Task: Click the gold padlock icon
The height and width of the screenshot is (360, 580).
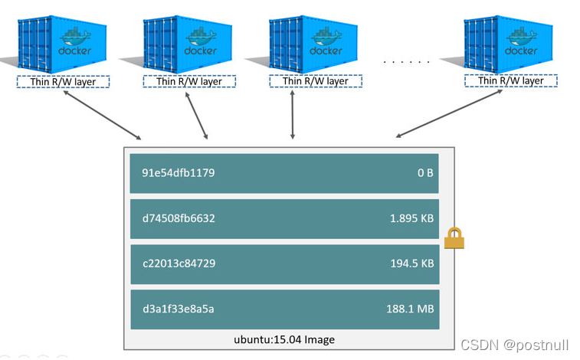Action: click(454, 238)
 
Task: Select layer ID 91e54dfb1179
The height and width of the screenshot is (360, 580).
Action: click(179, 173)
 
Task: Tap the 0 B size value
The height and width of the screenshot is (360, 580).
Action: click(425, 173)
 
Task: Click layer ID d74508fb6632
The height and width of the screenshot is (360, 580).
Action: click(179, 218)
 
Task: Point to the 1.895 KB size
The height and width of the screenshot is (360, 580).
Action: click(411, 218)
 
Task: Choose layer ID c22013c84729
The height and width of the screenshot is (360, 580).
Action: click(179, 263)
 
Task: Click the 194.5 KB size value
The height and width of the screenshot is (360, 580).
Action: click(411, 263)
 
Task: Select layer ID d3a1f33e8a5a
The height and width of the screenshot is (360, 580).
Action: click(178, 309)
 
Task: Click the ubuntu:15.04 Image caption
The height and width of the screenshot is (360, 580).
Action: click(283, 339)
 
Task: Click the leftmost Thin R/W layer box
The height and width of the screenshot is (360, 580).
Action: click(63, 82)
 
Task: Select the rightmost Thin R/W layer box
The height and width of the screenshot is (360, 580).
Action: click(510, 80)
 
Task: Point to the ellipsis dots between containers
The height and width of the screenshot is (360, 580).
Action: click(406, 61)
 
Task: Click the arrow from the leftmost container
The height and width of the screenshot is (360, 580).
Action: click(103, 116)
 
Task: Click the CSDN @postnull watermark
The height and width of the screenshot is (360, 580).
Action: click(516, 345)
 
